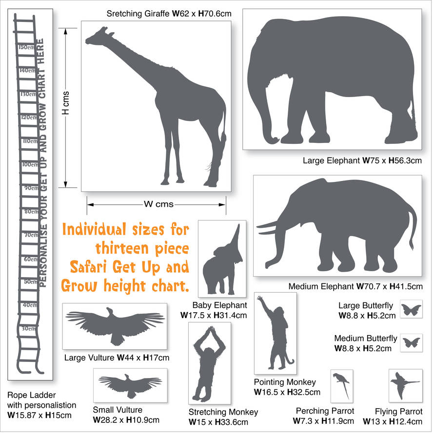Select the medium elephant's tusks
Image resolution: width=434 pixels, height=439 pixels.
coord(269,228)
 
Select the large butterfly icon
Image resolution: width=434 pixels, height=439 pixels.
coord(411,310)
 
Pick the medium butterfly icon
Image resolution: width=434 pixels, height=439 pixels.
coord(411,342)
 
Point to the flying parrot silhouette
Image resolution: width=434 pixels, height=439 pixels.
coord(404,384)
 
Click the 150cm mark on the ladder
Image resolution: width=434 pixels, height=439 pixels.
coord(26,47)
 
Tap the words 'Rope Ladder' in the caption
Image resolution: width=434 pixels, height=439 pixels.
coord(32,395)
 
